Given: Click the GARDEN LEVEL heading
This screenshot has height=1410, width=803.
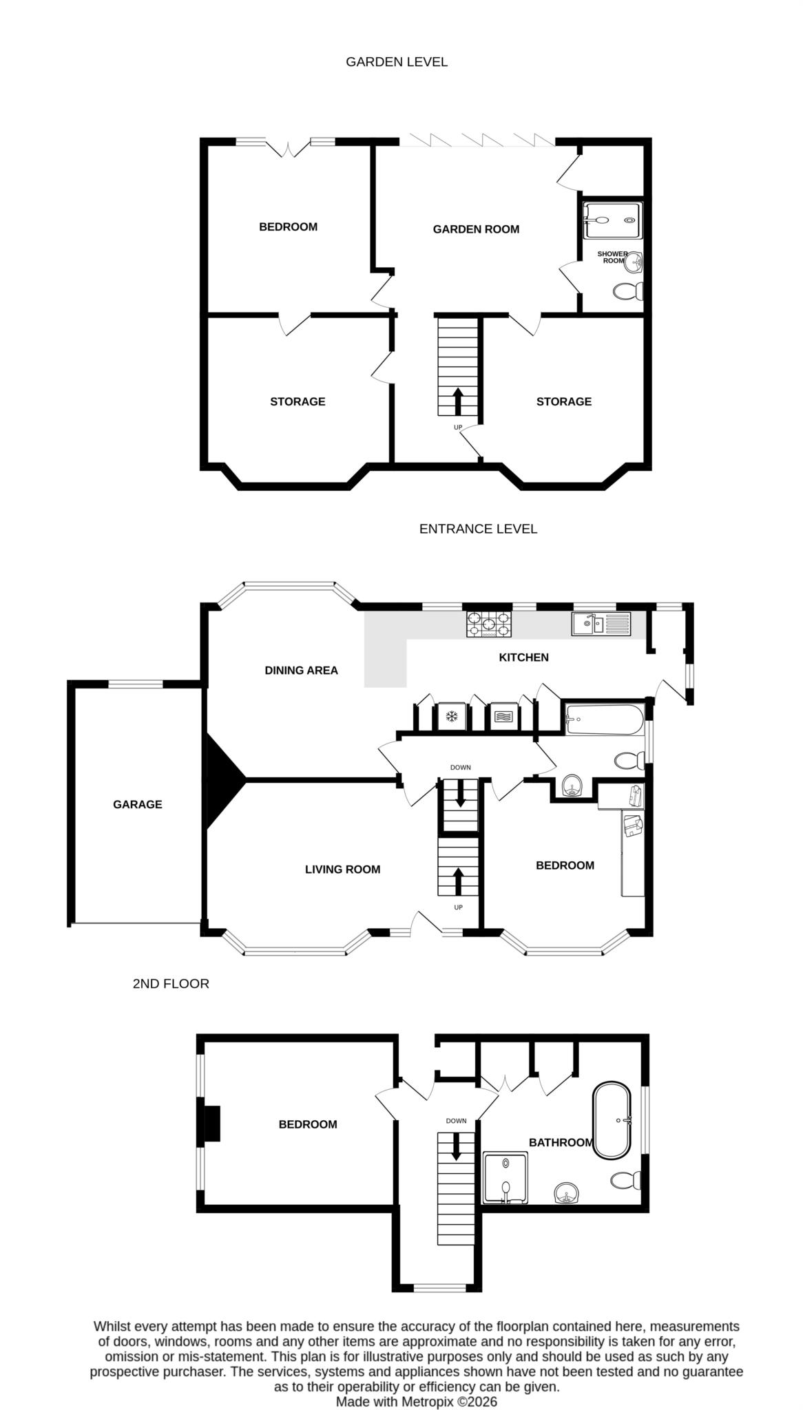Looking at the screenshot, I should [396, 62].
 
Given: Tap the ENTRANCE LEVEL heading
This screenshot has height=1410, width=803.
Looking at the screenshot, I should [478, 529].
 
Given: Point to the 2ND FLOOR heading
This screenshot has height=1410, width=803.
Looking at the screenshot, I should [171, 984].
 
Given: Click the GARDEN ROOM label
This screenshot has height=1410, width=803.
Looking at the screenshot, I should [476, 229].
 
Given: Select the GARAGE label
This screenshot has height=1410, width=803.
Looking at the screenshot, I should [138, 804].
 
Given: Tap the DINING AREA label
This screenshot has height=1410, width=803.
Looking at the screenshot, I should [301, 671].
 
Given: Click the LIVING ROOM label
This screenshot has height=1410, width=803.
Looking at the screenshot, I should [342, 870].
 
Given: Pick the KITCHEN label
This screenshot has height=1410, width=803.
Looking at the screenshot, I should [523, 657].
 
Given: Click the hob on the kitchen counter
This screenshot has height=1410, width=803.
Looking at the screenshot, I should [489, 624].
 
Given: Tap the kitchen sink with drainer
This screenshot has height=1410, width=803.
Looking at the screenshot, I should [601, 624].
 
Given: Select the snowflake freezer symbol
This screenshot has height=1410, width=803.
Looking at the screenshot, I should [452, 717].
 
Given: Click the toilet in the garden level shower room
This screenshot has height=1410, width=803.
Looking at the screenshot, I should [627, 292].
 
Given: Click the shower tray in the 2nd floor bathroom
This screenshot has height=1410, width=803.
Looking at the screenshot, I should [506, 1178].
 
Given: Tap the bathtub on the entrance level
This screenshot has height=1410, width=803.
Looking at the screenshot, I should [604, 719].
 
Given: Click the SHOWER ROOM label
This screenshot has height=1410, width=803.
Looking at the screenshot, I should [612, 257].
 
